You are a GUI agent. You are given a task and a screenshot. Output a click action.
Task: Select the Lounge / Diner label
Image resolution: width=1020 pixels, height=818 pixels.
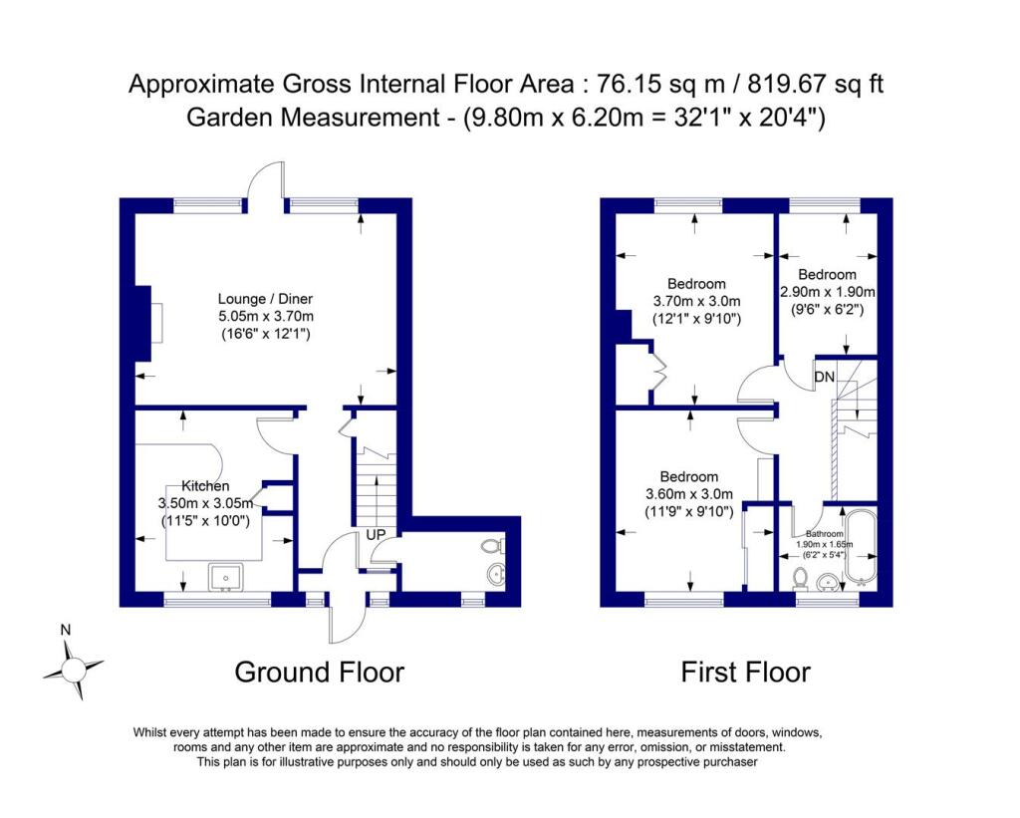coord(265,298)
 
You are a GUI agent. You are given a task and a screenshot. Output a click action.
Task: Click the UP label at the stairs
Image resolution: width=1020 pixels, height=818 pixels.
coord(377,535)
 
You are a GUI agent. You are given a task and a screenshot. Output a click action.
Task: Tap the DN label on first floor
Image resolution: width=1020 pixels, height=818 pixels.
coord(825,377)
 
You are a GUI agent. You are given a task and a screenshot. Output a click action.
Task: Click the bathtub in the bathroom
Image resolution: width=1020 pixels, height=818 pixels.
coord(858,546)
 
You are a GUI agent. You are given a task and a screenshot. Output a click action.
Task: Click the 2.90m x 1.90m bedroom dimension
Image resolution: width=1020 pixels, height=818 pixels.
coord(827,292)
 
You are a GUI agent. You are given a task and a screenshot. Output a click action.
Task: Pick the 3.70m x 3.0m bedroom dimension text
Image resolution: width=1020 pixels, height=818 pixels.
coord(696,301)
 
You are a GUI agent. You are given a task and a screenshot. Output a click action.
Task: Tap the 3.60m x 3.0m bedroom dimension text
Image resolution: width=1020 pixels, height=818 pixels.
coord(688,494)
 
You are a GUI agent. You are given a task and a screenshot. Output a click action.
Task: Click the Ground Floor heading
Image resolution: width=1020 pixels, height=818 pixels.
coord(319,672)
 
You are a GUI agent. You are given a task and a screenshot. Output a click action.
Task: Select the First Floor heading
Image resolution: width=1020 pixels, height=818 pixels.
coord(745,672)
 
